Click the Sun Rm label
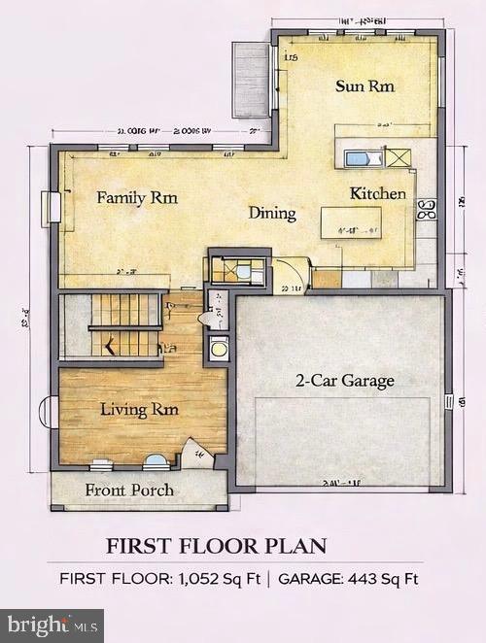(364, 86)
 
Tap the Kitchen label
(378, 193)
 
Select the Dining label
(271, 213)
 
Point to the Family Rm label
(136, 198)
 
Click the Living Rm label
(139, 410)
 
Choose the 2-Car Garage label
(345, 380)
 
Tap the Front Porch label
(129, 490)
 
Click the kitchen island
(352, 223)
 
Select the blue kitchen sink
(358, 157)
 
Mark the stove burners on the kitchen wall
(427, 209)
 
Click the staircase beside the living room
(124, 325)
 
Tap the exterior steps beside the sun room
(250, 80)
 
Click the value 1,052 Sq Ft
(219, 579)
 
